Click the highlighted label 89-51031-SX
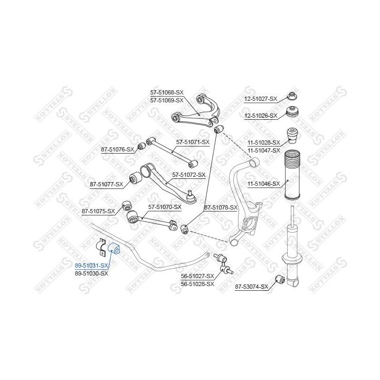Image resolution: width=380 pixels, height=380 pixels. [91, 266]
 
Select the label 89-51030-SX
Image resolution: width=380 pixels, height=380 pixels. [91, 273]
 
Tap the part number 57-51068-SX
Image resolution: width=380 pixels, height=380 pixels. [167, 92]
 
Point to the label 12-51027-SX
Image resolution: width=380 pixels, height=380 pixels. [260, 99]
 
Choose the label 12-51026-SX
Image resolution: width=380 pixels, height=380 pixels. [260, 115]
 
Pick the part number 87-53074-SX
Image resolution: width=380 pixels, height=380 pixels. [252, 287]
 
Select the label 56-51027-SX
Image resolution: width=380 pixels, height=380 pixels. [197, 276]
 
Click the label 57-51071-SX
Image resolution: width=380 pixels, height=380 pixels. [193, 142]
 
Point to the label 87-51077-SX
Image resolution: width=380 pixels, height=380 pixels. [106, 184]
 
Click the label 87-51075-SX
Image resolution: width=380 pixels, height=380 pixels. [98, 211]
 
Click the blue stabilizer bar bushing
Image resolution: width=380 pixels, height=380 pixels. [115, 248]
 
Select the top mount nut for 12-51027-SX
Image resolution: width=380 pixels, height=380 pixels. [292, 97]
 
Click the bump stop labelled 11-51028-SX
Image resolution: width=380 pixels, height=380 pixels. [291, 136]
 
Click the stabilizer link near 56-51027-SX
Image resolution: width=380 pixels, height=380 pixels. [223, 263]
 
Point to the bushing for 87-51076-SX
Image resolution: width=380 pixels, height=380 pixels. [141, 146]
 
